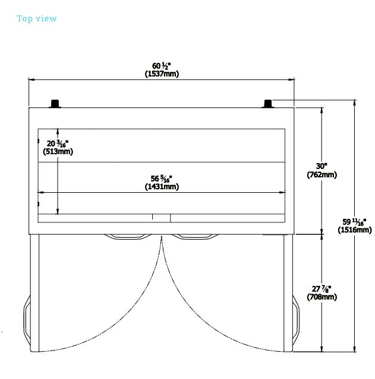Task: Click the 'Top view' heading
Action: [x=37, y=18]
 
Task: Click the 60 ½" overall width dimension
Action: [x=162, y=66]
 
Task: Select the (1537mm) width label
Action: [x=162, y=74]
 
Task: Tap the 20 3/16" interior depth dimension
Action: [x=58, y=143]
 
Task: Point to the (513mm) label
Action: [x=58, y=151]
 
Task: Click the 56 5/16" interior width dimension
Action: [x=162, y=178]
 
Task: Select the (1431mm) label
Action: [x=162, y=186]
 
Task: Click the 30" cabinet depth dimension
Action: [x=322, y=166]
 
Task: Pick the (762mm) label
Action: [x=322, y=174]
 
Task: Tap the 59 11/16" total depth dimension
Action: [x=355, y=221]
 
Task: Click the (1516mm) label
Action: [x=355, y=230]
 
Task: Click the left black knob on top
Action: [x=55, y=104]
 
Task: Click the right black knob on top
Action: [x=268, y=104]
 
